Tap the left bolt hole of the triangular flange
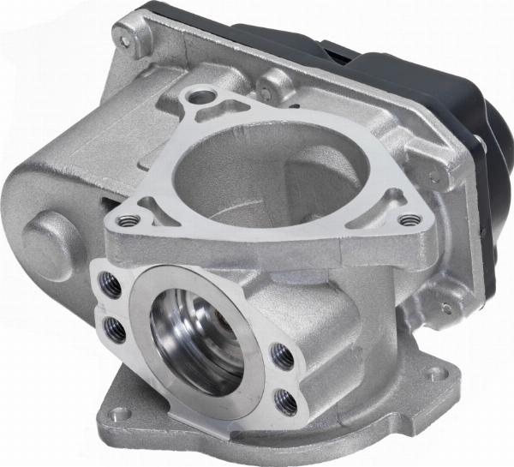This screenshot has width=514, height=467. point(127,219)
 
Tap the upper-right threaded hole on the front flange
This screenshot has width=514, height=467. point(278,351)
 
